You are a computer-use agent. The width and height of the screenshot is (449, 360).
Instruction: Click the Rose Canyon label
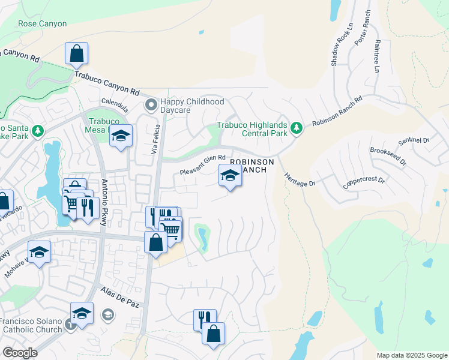click(43, 23)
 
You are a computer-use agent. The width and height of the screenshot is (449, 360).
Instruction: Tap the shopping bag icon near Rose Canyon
click(77, 54)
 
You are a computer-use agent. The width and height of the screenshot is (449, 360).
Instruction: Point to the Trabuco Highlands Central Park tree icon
click(296, 128)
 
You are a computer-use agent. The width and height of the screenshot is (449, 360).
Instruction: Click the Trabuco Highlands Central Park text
click(253, 130)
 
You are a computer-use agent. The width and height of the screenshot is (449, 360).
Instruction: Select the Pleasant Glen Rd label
click(203, 166)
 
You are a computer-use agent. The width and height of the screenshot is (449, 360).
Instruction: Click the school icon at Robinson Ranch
click(230, 176)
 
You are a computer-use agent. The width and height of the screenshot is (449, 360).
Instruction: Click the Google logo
click(20, 353)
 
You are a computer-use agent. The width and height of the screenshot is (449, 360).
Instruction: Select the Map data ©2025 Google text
click(411, 355)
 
